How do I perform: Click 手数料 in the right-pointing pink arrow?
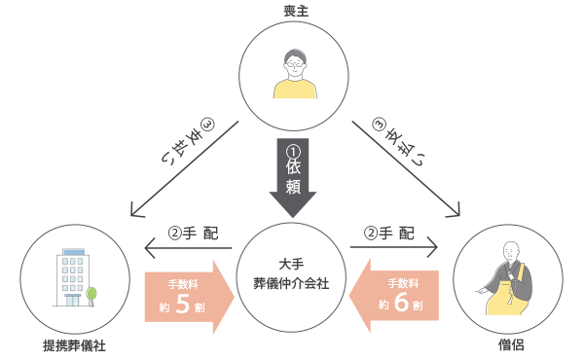(184, 283)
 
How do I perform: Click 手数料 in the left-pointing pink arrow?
(403, 283)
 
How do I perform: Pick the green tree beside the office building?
(91, 292)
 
